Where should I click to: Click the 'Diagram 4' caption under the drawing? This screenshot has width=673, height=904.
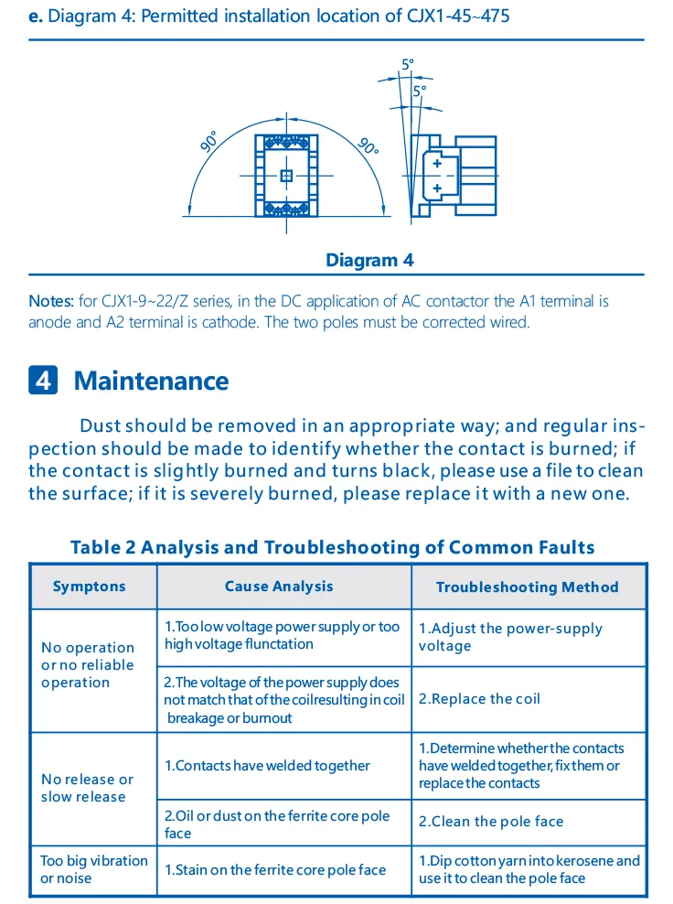click(x=369, y=261)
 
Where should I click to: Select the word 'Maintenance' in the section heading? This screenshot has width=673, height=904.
click(x=151, y=381)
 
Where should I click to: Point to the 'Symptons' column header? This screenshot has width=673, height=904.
click(x=90, y=587)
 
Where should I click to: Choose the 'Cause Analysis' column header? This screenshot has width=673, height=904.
click(x=279, y=587)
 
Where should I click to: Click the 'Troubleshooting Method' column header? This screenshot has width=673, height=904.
click(x=527, y=587)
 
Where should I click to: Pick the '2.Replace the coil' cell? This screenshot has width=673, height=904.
click(x=479, y=699)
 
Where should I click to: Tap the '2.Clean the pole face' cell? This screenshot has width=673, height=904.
click(x=491, y=822)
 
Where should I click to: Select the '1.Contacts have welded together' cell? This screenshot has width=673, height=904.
click(x=267, y=766)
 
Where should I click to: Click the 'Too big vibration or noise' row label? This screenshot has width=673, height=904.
click(x=93, y=869)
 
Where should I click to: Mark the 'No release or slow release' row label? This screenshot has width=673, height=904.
click(x=87, y=788)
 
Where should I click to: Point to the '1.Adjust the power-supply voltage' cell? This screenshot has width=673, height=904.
click(x=510, y=637)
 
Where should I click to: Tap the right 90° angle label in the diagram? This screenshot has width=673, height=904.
click(x=368, y=145)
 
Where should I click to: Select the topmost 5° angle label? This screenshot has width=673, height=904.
click(x=408, y=64)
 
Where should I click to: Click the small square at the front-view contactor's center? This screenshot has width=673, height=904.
click(x=286, y=176)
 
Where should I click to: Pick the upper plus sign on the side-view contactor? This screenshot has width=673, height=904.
click(x=437, y=164)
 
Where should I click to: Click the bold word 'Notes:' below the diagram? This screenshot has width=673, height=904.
click(x=51, y=301)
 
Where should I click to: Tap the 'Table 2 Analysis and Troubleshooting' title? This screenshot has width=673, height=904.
click(x=333, y=547)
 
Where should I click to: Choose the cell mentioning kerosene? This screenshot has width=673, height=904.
click(x=529, y=869)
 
